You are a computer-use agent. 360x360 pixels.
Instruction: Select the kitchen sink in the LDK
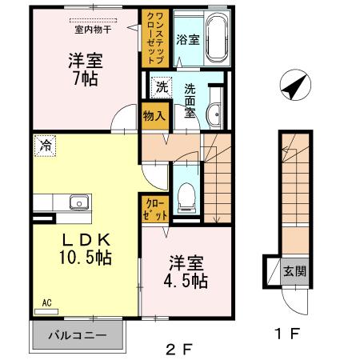78,201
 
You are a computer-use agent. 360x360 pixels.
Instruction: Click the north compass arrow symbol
293,85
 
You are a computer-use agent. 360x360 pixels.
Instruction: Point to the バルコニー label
80,335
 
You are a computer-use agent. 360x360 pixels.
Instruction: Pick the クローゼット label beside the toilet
154,210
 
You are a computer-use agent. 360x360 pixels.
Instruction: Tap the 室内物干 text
93,29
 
